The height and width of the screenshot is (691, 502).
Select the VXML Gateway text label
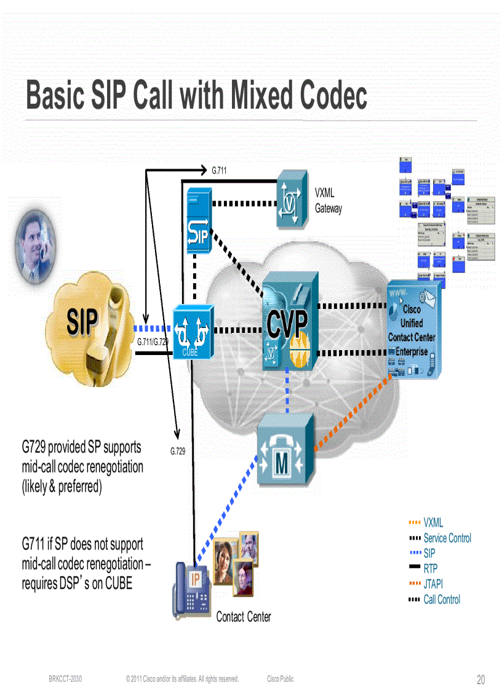coord(329,201)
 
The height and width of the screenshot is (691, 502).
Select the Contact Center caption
coord(244,617)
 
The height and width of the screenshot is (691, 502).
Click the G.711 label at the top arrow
coord(220,170)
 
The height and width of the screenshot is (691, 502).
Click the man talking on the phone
coord(34,246)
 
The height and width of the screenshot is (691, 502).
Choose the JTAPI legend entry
coord(433,584)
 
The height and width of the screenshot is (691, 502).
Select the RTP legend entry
coord(431,569)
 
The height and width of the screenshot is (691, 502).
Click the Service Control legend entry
coord(447,538)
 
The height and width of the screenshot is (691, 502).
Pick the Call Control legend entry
coord(442,599)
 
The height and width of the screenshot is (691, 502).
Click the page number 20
coord(480,679)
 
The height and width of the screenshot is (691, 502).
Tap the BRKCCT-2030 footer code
coord(65,679)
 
